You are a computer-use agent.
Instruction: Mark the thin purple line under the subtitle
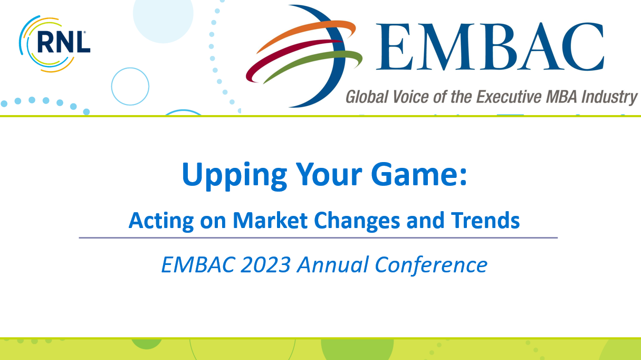[x=318, y=238]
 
